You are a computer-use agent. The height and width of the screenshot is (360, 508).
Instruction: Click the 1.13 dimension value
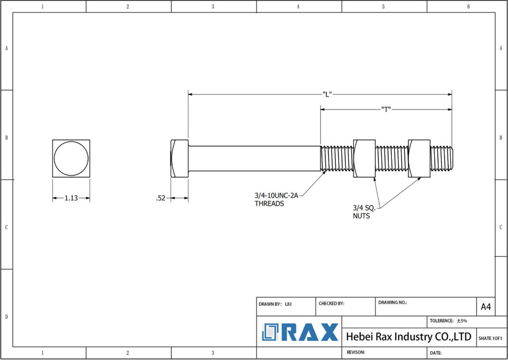71,198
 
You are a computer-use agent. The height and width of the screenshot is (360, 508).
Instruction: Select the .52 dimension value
160,198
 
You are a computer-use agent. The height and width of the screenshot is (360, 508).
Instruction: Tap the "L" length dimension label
326,94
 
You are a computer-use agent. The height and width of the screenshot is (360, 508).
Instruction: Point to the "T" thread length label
386,109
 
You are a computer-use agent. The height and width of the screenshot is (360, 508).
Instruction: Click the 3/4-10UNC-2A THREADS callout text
276,200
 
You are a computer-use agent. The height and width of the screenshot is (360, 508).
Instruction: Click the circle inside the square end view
71,159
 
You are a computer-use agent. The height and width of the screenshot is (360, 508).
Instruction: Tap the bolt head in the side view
179,158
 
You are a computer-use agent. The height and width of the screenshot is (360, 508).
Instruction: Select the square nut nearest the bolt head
364,158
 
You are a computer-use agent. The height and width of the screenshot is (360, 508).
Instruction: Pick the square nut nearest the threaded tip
419,158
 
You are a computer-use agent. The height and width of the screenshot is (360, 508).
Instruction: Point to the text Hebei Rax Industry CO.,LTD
408,337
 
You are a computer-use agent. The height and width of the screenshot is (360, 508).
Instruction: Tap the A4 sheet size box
486,307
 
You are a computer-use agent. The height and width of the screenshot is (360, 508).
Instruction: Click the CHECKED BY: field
331,303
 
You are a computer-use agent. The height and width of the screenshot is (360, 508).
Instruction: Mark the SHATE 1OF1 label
490,338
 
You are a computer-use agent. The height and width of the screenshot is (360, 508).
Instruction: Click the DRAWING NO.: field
392,302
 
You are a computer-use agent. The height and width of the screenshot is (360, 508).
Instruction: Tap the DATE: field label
436,353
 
